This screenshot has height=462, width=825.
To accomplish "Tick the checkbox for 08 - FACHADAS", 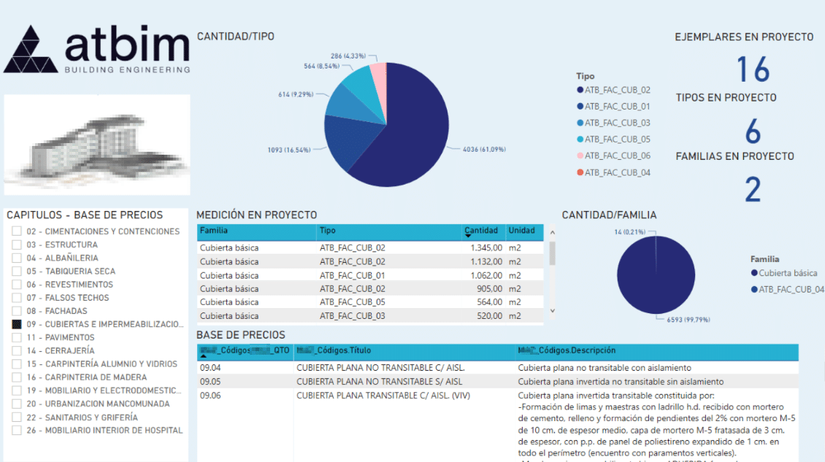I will pyautogui.click(x=17, y=311).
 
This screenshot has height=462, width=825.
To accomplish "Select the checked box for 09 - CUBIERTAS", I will pyautogui.click(x=17, y=324).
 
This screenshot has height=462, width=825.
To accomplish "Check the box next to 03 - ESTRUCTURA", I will pyautogui.click(x=17, y=245).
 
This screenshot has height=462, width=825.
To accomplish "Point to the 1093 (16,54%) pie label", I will pyautogui.click(x=289, y=150).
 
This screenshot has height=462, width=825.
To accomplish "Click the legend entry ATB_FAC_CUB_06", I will pyautogui.click(x=617, y=156).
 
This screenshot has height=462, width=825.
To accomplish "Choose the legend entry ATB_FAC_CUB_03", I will pyautogui.click(x=617, y=123).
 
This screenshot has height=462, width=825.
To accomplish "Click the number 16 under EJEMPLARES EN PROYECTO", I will pyautogui.click(x=752, y=69).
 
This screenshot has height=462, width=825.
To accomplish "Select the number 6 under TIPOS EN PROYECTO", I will pyautogui.click(x=752, y=132).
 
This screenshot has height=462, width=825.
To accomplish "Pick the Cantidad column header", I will pyautogui.click(x=483, y=231).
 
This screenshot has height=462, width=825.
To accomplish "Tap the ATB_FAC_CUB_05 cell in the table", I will pyautogui.click(x=352, y=302).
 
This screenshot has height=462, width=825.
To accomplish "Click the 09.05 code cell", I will pyautogui.click(x=210, y=382).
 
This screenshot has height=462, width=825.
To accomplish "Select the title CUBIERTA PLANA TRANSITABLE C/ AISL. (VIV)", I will pyautogui.click(x=383, y=396).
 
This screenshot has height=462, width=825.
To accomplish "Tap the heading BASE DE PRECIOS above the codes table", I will pyautogui.click(x=240, y=335).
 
